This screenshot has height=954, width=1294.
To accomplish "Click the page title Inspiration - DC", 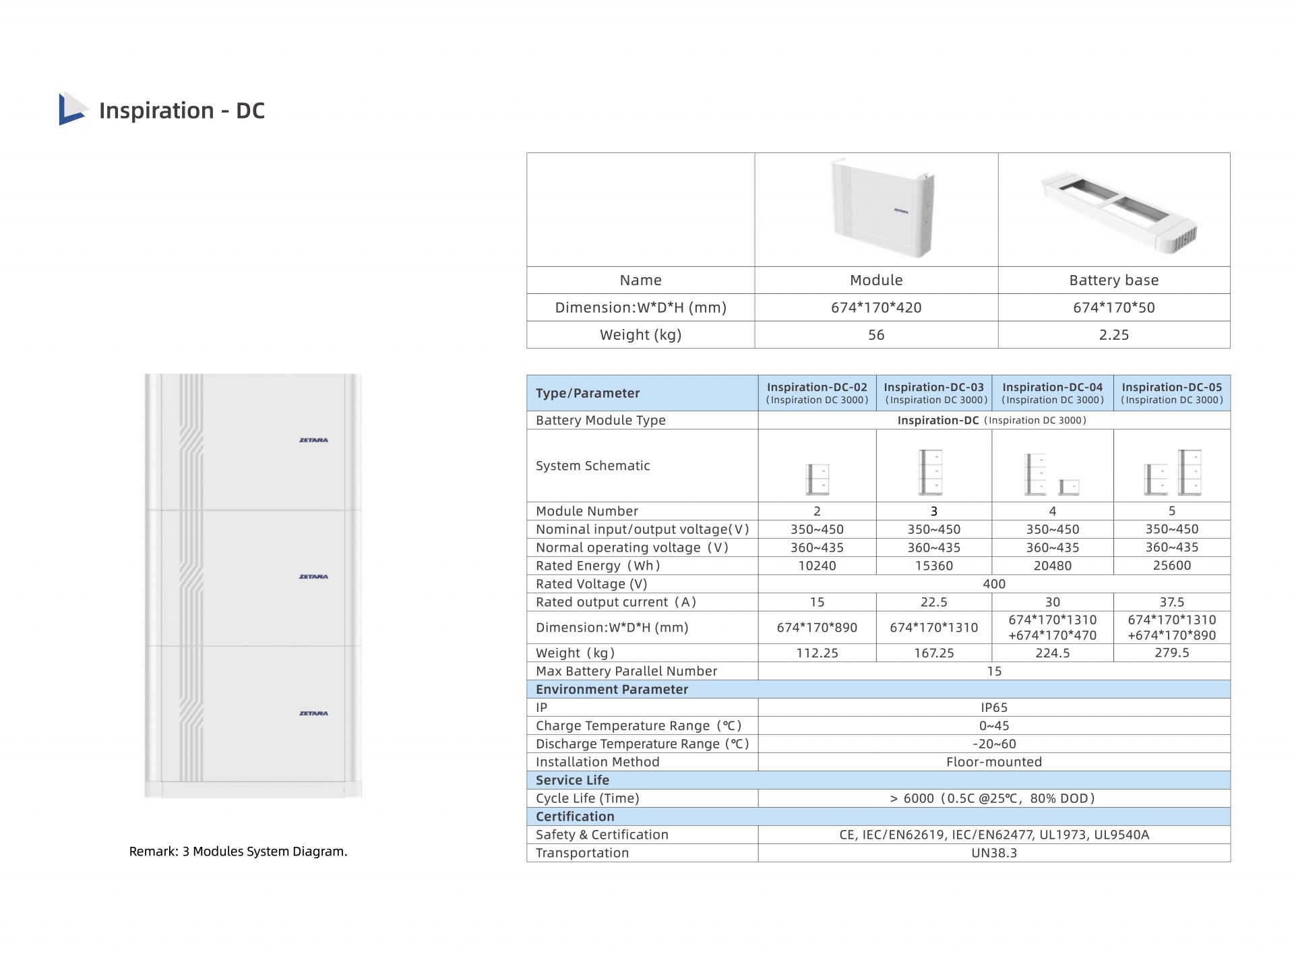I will click(181, 111).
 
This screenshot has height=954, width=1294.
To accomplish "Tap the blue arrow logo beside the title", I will click(72, 109).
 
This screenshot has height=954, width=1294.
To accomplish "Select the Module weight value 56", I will click(875, 335).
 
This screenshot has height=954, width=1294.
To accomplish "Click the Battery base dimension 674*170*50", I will click(1113, 308).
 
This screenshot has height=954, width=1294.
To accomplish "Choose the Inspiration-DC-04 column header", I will click(1052, 393).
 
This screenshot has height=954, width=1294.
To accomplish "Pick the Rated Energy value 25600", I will click(1171, 566).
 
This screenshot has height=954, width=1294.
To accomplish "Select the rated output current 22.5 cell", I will click(933, 602).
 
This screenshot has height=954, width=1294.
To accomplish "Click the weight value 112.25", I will click(817, 653).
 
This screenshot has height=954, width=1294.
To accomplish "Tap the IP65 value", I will click(993, 707).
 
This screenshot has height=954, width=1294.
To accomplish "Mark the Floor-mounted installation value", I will click(993, 762).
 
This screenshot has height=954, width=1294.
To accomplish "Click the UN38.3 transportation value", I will click(993, 853).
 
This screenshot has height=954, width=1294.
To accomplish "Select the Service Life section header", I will click(572, 780).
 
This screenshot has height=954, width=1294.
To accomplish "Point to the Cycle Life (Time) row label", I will click(587, 798).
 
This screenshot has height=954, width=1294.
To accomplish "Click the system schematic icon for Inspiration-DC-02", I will click(818, 479).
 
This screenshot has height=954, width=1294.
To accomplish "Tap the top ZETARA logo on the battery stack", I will click(313, 440).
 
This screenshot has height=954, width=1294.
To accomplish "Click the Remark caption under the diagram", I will click(238, 852).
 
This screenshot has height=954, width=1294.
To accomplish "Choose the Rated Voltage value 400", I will click(993, 584).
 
